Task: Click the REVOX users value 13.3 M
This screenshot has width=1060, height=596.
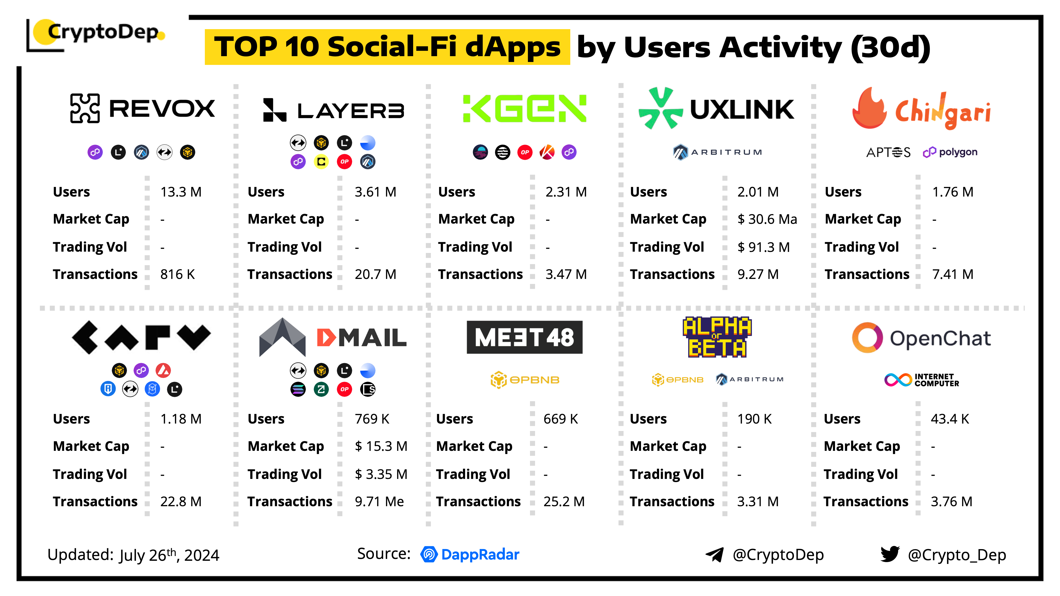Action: click(181, 192)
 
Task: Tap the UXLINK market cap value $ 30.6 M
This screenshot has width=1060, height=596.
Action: click(767, 219)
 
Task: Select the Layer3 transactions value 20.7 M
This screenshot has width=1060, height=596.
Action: click(375, 274)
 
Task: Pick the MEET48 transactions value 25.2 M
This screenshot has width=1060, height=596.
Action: click(564, 502)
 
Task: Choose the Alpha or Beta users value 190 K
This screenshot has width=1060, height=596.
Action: click(754, 419)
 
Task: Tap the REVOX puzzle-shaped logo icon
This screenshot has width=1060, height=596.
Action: click(85, 109)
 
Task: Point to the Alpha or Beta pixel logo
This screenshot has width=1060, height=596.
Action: click(717, 337)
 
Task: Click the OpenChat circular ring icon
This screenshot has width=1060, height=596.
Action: click(867, 338)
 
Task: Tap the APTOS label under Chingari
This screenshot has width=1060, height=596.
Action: click(888, 153)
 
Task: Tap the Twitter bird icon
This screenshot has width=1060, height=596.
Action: click(890, 554)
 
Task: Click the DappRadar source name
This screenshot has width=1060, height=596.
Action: click(480, 554)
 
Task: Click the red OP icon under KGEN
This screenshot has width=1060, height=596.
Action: click(525, 152)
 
